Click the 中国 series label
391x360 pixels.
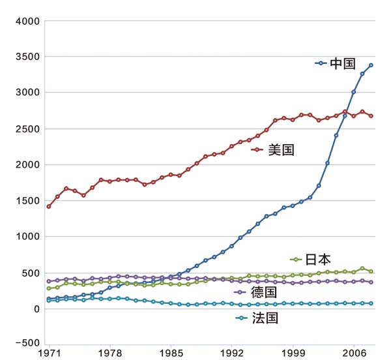point(343,63)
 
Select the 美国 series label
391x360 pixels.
point(282,150)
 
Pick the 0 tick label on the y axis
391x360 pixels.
point(37,308)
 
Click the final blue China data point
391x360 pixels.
point(371,65)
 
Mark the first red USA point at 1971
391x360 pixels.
point(49,206)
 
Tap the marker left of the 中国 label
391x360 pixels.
point(319,63)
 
